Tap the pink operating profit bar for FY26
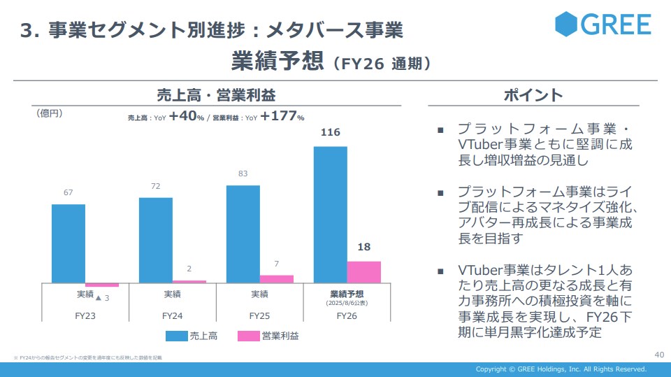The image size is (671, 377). pyautogui.click(x=364, y=272)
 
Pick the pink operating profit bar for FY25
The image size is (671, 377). pyautogui.click(x=277, y=279)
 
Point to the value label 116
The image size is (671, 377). pyautogui.click(x=330, y=131)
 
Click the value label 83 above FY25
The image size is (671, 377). pyautogui.click(x=243, y=173)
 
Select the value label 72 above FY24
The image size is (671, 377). pyautogui.click(x=156, y=186)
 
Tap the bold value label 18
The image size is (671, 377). pyautogui.click(x=363, y=246)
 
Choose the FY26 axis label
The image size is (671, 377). pyautogui.click(x=347, y=316)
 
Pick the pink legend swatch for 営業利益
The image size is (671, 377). pyautogui.click(x=249, y=336)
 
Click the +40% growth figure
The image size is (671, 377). pyautogui.click(x=187, y=117)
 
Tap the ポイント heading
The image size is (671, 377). pyautogui.click(x=533, y=95)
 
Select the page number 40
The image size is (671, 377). pyautogui.click(x=658, y=354)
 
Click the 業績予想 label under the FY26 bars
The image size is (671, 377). pyautogui.click(x=347, y=294)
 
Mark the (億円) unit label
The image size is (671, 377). pyautogui.click(x=49, y=113)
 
